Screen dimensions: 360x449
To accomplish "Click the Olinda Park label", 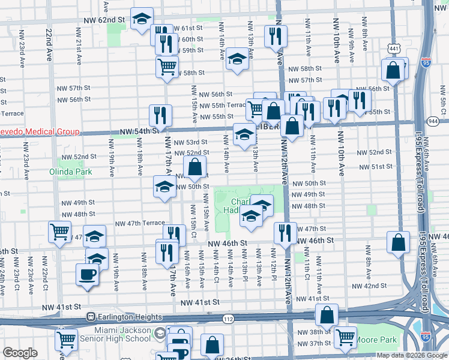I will [x=71, y=172].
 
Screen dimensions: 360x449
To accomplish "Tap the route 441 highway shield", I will [x=393, y=47].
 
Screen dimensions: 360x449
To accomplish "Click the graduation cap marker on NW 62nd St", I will [x=142, y=19].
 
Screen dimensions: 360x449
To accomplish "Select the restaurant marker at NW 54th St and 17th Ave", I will [x=160, y=115].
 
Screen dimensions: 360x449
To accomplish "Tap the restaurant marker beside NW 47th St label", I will [x=285, y=233].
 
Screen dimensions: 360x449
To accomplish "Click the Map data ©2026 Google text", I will [x=411, y=355].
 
